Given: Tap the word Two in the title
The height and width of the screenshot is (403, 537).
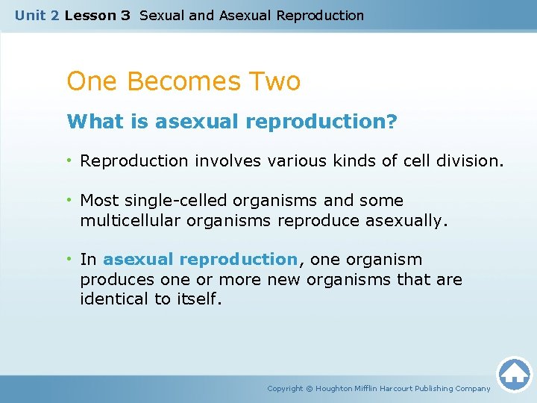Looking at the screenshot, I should click(x=275, y=81).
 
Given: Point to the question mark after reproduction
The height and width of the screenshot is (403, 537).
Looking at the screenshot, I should click(x=392, y=121).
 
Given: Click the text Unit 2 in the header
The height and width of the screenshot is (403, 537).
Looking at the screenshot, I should click(x=37, y=15).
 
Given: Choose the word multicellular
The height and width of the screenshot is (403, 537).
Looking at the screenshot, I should click(x=126, y=220).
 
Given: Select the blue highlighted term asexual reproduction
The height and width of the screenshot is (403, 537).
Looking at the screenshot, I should click(x=201, y=260).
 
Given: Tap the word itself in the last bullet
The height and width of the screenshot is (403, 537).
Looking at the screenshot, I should click(x=198, y=299).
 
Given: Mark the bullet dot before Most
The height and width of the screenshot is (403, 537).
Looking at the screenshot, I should click(x=70, y=201).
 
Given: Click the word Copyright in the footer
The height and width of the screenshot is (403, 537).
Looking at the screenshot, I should click(x=285, y=389).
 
